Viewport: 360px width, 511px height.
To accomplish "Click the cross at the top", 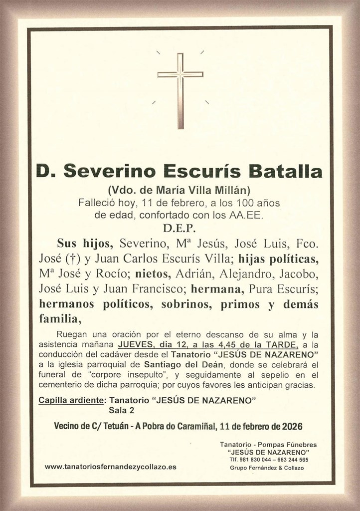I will point(180,90).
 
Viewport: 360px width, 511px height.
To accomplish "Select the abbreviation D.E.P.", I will point(180,229).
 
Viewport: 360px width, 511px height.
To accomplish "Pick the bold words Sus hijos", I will point(86,244).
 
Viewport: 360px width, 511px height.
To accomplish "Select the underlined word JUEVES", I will point(136,345).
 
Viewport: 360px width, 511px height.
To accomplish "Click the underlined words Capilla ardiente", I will point(71,401).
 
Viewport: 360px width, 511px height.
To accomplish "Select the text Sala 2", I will point(122,411).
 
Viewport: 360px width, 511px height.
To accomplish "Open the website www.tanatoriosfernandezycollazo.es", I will point(110,467).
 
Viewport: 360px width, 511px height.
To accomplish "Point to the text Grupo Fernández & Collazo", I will point(267,468).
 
